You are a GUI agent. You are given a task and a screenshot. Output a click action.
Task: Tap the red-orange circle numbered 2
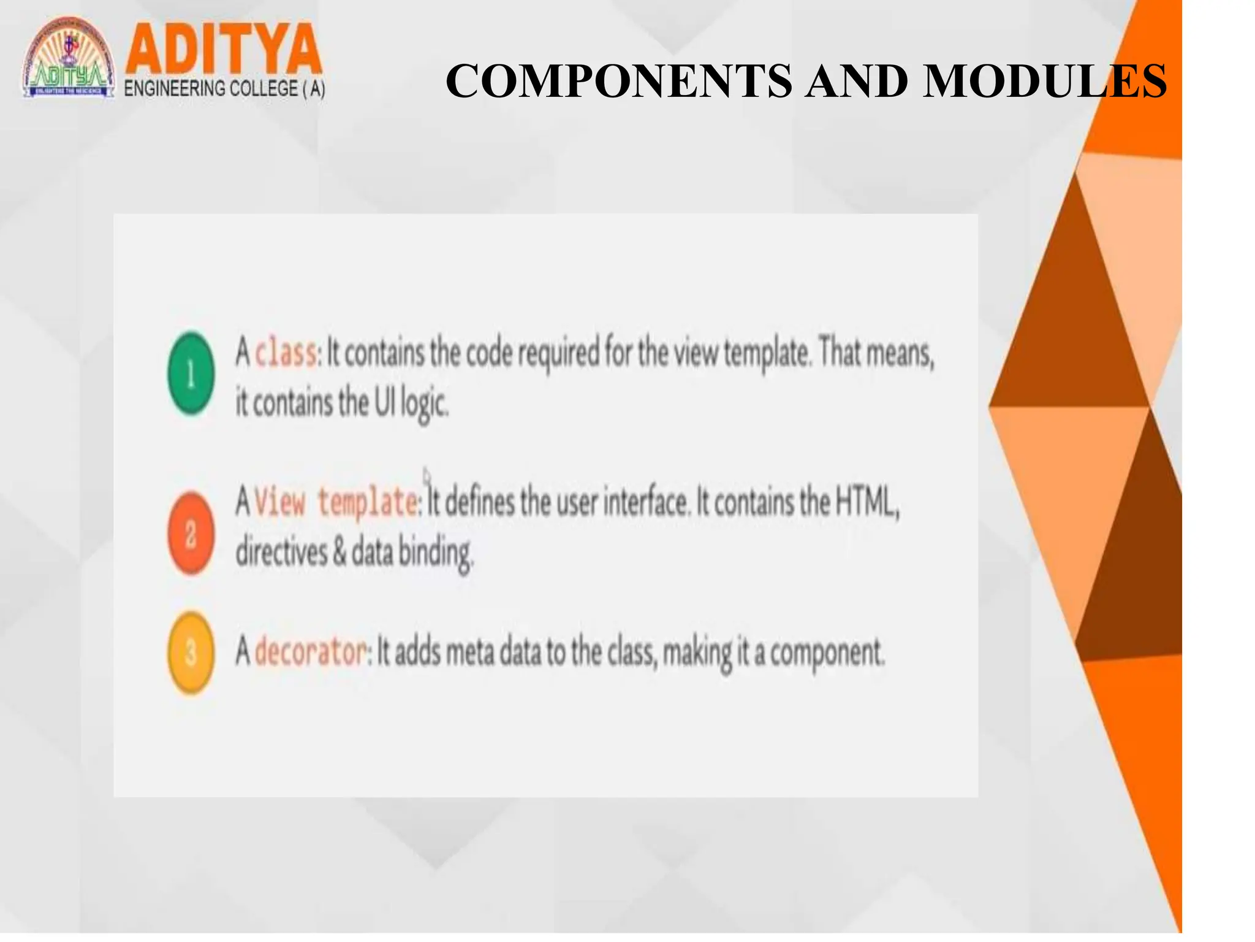[191, 533]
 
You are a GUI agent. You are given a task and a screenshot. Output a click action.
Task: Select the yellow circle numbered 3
[191, 653]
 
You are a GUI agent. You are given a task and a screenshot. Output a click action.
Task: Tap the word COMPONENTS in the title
[618, 81]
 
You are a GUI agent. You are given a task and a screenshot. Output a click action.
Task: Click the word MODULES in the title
[1045, 81]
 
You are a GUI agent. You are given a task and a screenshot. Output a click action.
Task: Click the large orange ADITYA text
[224, 49]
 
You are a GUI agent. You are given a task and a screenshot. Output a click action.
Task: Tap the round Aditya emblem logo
[69, 58]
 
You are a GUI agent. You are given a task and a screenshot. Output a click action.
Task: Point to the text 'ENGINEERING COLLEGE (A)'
[224, 89]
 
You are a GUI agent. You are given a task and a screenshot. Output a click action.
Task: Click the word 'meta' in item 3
[469, 652]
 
